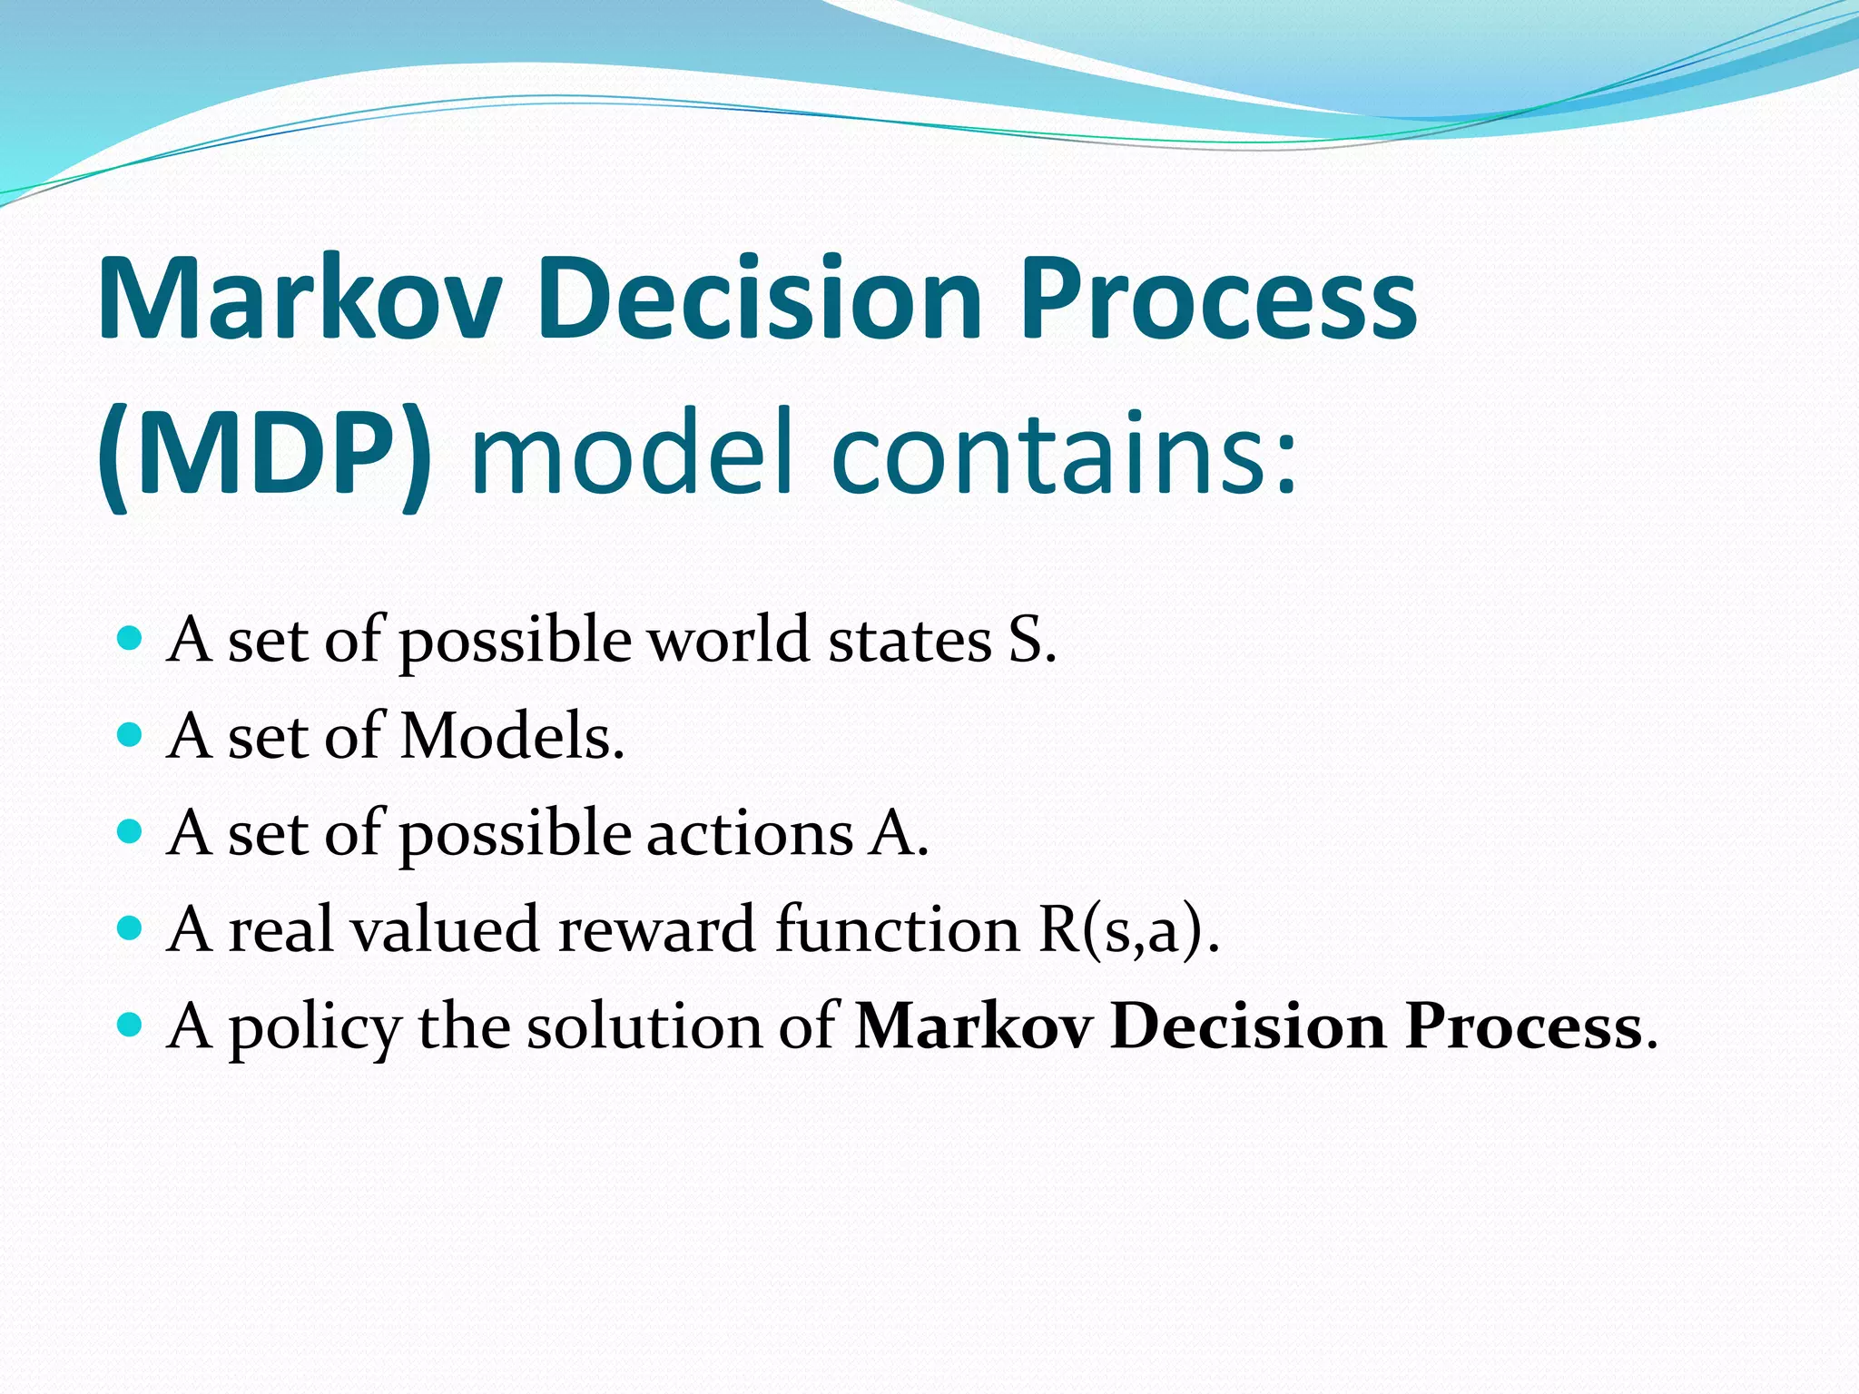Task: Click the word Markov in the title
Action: click(x=300, y=299)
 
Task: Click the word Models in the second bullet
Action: click(x=512, y=736)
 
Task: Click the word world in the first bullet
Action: click(x=727, y=640)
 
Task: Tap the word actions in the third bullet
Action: click(x=749, y=833)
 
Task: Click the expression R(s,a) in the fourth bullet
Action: click(x=1126, y=930)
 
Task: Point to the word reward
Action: click(x=656, y=930)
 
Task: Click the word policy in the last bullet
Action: click(x=314, y=1029)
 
